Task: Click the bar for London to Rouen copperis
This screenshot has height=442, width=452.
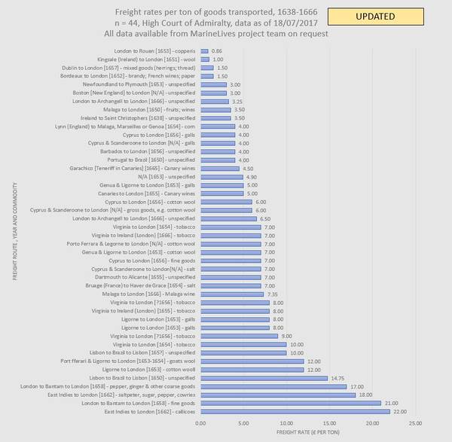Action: tap(203, 50)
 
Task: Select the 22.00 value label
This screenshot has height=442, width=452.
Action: tap(400, 411)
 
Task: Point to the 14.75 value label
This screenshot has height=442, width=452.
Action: tap(338, 377)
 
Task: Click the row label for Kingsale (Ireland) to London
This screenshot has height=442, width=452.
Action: tap(139, 59)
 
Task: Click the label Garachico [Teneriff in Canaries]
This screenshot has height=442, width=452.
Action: tap(133, 168)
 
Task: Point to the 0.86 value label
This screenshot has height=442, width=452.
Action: tap(217, 50)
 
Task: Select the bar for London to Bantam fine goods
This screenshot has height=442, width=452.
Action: tap(291, 403)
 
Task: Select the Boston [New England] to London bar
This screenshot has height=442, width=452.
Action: tap(212, 93)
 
